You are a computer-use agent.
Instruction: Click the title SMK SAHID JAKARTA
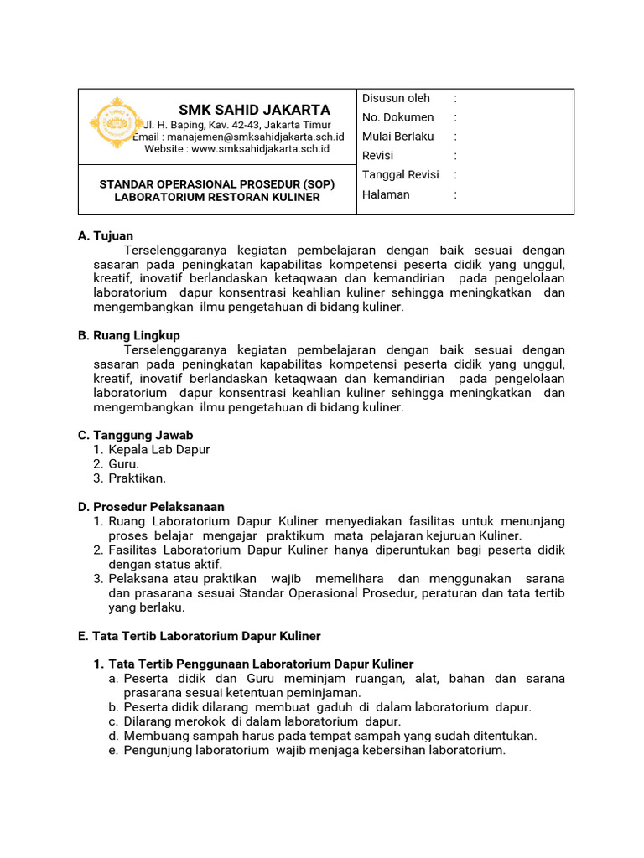[x=254, y=110]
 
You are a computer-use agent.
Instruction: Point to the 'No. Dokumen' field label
[x=397, y=117]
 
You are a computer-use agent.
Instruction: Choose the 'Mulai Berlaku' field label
[x=397, y=137]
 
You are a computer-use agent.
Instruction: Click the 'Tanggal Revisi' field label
[x=400, y=175]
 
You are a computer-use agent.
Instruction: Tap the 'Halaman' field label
[x=386, y=194]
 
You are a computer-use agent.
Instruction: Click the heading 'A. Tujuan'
[x=106, y=236]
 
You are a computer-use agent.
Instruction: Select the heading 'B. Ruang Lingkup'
[x=129, y=335]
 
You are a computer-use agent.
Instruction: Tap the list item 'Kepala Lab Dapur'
[x=158, y=450]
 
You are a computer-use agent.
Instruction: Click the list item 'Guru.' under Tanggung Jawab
[x=123, y=464]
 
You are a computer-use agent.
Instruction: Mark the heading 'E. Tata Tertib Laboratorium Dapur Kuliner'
[x=199, y=636]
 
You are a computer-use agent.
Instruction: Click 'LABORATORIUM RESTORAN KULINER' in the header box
[x=217, y=197]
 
